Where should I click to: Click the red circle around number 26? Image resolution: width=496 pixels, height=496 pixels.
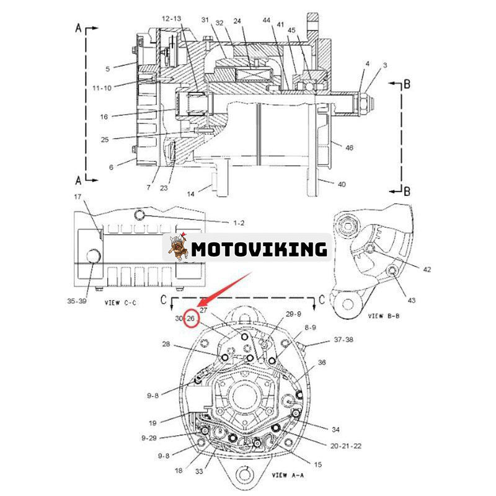coord(192,318)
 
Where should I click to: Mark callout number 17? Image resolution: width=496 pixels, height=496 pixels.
coord(78,197)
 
